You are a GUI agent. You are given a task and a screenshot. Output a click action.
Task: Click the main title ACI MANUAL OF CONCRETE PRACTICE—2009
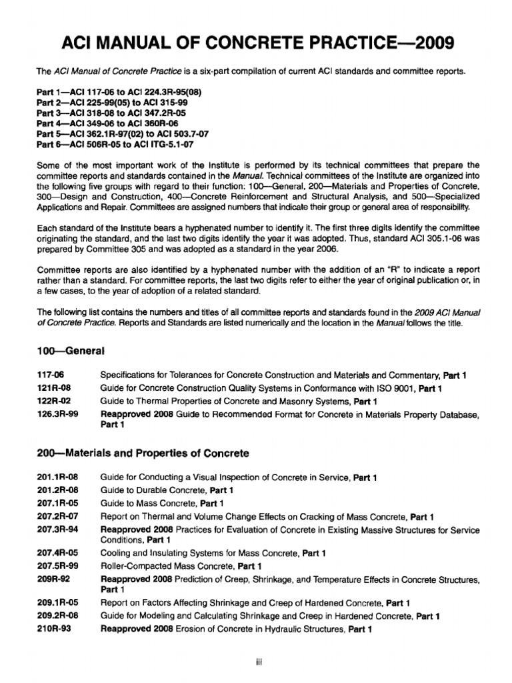[x=256, y=43]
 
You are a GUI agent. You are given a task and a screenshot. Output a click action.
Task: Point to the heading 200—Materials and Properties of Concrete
[x=143, y=453]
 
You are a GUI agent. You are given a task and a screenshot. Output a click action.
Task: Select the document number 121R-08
[x=53, y=388]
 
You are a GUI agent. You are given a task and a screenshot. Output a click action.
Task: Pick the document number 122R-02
[x=53, y=401]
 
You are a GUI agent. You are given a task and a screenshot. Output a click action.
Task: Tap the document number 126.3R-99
[x=57, y=415]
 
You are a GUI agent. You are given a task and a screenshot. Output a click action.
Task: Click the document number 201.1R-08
[x=57, y=478]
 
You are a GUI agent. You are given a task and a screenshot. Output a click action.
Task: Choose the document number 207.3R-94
[x=57, y=530]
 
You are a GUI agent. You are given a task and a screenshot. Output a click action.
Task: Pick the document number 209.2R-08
[x=57, y=616]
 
